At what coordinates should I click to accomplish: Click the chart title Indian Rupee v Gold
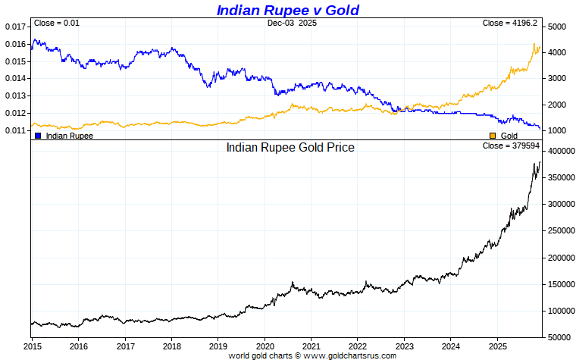click(x=287, y=10)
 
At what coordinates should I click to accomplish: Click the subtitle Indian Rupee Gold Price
click(x=290, y=147)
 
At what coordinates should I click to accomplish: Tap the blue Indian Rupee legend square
click(x=38, y=136)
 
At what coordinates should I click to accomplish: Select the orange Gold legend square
click(x=492, y=136)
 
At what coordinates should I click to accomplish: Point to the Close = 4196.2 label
click(x=510, y=23)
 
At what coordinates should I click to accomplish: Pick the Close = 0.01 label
click(x=57, y=23)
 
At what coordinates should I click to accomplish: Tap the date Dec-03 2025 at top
click(x=292, y=23)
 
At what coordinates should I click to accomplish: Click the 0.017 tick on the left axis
click(x=15, y=27)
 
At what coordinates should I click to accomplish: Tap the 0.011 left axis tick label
click(x=15, y=130)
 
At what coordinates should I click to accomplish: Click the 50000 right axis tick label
click(x=559, y=337)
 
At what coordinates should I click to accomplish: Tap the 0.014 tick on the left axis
click(x=15, y=79)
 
